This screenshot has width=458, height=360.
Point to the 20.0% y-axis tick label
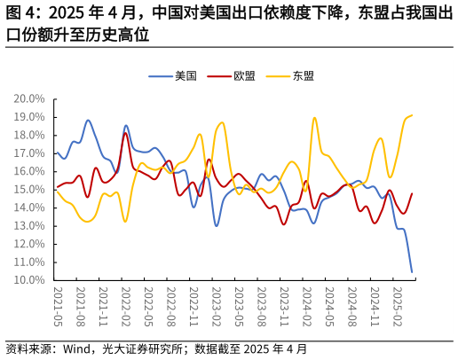click(x=29, y=98)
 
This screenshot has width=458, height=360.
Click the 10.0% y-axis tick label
click(x=29, y=280)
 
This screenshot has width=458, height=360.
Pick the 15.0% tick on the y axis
click(x=29, y=190)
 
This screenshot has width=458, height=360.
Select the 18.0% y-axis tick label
click(x=29, y=135)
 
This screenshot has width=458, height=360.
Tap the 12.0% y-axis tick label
click(x=29, y=244)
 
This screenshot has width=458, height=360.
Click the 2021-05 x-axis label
click(x=59, y=307)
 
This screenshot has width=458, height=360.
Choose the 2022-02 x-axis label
click(x=126, y=307)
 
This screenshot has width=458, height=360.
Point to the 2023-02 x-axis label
click(x=217, y=307)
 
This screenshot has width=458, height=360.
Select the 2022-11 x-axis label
click(x=194, y=307)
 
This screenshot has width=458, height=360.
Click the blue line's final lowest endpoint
click(x=412, y=271)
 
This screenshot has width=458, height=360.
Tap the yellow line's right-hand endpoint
click(x=412, y=114)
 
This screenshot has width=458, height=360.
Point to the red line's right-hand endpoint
click(x=412, y=193)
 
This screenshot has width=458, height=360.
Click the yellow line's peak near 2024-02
click(x=314, y=118)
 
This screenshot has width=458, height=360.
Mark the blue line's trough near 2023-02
click(x=217, y=225)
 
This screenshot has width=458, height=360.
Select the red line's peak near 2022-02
click(x=125, y=133)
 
